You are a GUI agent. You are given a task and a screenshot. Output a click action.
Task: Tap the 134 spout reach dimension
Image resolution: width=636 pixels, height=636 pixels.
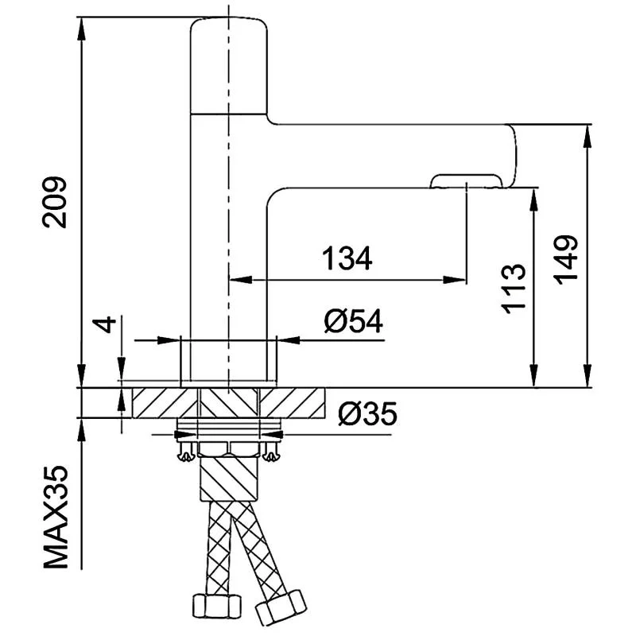(x=347, y=259)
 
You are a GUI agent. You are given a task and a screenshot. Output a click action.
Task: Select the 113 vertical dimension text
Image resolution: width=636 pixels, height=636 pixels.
(x=514, y=288)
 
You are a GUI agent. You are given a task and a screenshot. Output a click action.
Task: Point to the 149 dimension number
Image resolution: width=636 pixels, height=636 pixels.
(x=565, y=259)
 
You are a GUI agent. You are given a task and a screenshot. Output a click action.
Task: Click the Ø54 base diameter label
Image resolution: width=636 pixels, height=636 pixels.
(x=353, y=322)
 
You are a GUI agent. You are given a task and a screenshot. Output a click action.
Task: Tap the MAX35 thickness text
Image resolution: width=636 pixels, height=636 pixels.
(x=58, y=517)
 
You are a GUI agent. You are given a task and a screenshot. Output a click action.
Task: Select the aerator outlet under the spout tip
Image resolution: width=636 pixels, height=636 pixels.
(x=466, y=183)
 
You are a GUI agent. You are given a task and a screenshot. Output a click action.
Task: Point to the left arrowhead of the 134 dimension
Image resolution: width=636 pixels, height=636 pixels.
(x=237, y=279)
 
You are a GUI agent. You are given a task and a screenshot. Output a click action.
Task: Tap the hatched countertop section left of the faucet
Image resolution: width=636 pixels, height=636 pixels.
(x=157, y=403)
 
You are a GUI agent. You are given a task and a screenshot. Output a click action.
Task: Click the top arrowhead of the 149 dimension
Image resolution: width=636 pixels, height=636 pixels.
(x=588, y=132)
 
